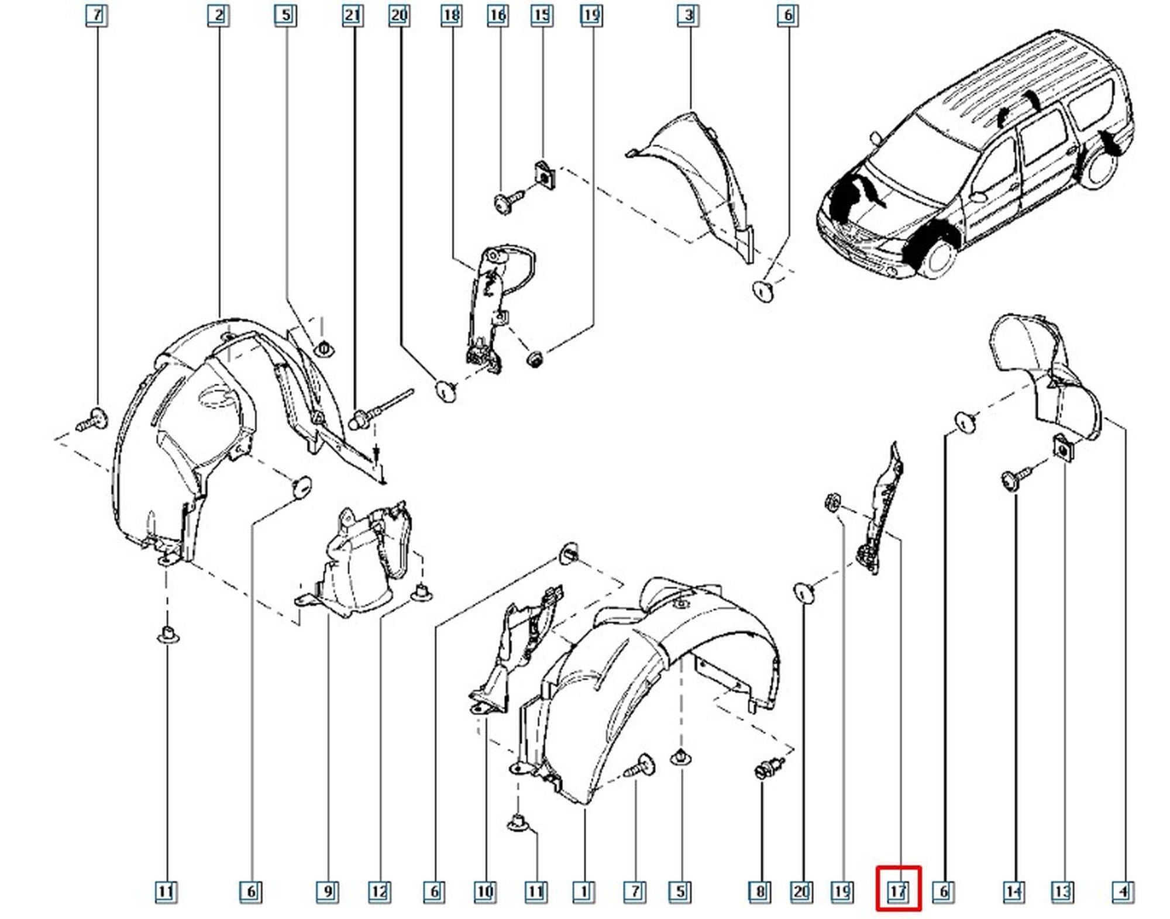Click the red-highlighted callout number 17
(x=898, y=892)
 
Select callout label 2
(x=218, y=15)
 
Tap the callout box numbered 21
(x=352, y=15)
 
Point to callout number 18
(x=451, y=15)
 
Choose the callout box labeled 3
(x=689, y=15)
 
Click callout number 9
(x=328, y=892)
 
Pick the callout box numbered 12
(x=379, y=892)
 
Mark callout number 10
(x=485, y=892)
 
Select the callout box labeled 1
(x=583, y=892)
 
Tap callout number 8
(x=759, y=892)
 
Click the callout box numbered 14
(x=1014, y=892)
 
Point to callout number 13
(x=1062, y=892)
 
